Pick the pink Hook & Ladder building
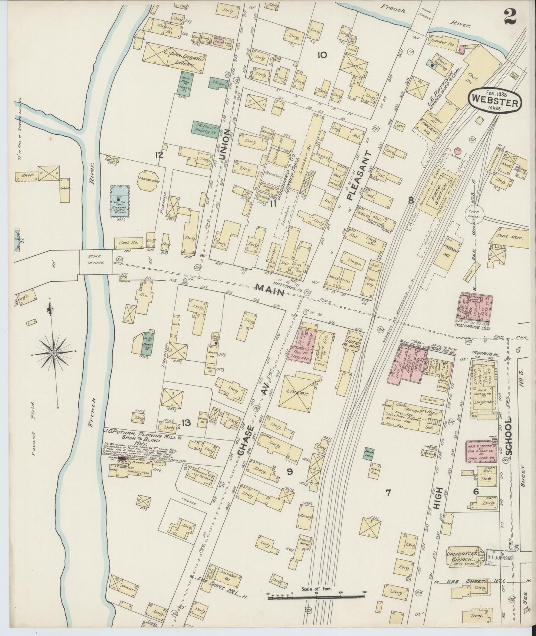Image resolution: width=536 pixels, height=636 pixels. pyautogui.click(x=481, y=453)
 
